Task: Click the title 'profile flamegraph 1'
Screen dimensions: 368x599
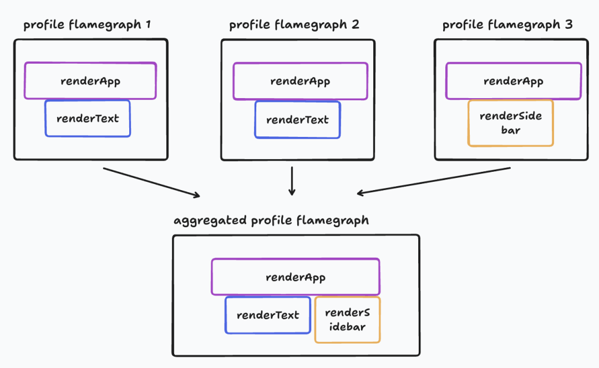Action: tap(87, 25)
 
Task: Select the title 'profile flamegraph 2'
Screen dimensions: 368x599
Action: tap(294, 25)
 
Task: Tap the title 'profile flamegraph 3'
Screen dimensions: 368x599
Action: tap(507, 25)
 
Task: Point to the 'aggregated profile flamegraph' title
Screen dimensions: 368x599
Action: tap(271, 221)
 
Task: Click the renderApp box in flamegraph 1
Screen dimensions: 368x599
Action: tap(90, 81)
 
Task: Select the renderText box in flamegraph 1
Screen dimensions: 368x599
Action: tap(88, 119)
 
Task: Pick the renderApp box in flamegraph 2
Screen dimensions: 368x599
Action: tap(300, 81)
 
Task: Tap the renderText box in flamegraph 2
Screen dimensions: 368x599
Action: tap(297, 120)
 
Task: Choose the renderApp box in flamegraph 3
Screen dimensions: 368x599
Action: tap(514, 81)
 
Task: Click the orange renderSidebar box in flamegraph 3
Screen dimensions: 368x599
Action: tap(510, 123)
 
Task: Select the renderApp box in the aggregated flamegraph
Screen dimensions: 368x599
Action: tap(296, 277)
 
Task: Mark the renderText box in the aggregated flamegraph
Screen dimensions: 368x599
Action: tap(267, 315)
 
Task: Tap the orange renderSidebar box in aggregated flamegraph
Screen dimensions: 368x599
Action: tap(347, 320)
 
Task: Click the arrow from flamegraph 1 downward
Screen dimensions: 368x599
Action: tap(151, 182)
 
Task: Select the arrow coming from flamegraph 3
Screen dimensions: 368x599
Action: tap(434, 181)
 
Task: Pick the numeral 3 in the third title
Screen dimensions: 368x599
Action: tap(569, 25)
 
